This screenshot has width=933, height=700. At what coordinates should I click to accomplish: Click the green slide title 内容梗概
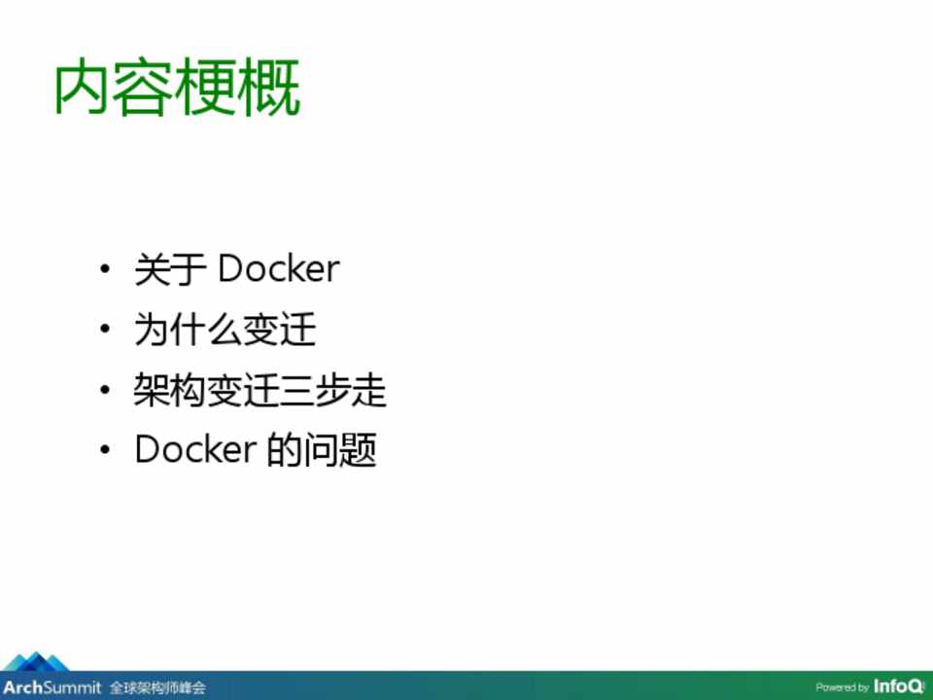click(x=177, y=87)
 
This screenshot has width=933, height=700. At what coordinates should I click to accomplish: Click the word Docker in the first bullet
click(x=279, y=269)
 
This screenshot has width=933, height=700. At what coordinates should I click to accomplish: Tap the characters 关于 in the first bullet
click(x=170, y=269)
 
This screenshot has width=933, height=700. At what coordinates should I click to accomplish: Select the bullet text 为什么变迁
click(x=225, y=330)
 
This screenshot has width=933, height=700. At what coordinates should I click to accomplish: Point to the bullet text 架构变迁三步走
click(x=260, y=390)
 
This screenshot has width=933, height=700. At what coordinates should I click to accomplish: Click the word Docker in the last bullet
click(x=195, y=449)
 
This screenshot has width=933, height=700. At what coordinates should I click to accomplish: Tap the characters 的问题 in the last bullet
click(x=322, y=449)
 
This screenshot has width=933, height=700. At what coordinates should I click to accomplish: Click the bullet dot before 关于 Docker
click(x=105, y=268)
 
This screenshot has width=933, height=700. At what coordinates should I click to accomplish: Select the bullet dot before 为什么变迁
click(x=105, y=329)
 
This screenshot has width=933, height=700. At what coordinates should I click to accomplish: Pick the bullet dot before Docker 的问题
click(x=105, y=449)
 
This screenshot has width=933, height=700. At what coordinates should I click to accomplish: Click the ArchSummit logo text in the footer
click(x=52, y=687)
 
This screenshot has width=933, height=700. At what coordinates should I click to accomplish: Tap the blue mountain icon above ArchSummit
click(x=36, y=661)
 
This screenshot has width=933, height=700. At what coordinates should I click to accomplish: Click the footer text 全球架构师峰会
click(x=157, y=688)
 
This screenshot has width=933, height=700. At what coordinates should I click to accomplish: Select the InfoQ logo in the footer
click(x=899, y=686)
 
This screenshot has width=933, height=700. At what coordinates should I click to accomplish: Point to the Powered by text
click(x=842, y=688)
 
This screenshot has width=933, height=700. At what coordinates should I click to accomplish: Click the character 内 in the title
click(x=82, y=87)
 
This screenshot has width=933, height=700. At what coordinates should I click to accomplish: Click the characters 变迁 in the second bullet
click(x=279, y=330)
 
